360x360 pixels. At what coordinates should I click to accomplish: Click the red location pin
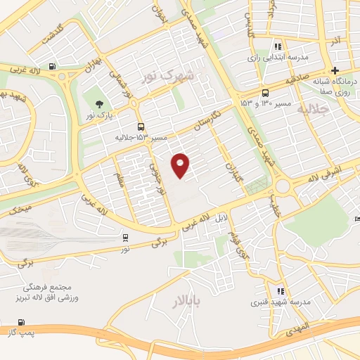(181, 165)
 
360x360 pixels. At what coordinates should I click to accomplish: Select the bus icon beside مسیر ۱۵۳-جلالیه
(141, 127)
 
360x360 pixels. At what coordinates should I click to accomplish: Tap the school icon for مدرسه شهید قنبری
(281, 291)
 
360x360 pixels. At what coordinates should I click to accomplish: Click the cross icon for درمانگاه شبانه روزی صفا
(335, 70)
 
